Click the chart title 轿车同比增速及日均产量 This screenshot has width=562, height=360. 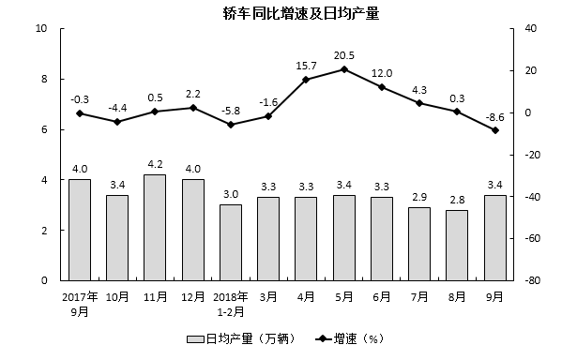tap(281, 14)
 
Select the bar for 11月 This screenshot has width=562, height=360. tap(155, 227)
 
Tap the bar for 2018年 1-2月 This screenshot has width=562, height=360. tap(230, 242)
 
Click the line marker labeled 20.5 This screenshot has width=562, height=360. tap(343, 69)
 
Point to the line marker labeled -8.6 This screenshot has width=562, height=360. tap(494, 130)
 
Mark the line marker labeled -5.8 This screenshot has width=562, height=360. tap(230, 125)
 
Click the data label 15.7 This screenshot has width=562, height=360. tap(306, 66)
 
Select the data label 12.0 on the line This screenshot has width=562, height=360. tap(382, 73)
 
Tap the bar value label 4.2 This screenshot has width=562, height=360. tap(155, 165)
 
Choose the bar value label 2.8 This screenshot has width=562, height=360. tap(457, 200)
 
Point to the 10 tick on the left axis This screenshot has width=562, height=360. tap(41, 28)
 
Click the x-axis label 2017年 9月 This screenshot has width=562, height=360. tap(80, 302)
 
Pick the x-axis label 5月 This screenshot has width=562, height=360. tap(343, 295)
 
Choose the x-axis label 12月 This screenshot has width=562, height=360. tap(192, 295)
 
